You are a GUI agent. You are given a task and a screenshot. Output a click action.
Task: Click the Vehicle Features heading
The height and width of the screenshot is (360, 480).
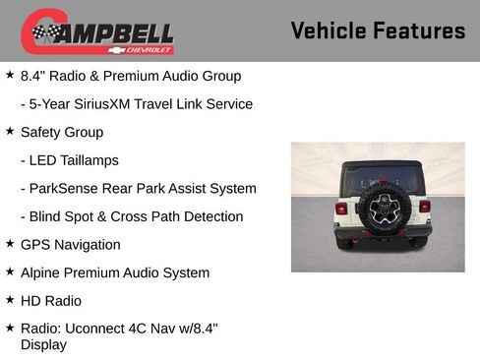[x=378, y=31]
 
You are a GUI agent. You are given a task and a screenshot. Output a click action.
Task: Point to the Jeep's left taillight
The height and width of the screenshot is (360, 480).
[x=341, y=208]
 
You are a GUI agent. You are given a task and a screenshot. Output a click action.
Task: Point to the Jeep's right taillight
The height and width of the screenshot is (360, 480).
[x=425, y=207]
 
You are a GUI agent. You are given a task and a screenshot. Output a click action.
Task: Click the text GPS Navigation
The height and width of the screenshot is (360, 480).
[x=71, y=245]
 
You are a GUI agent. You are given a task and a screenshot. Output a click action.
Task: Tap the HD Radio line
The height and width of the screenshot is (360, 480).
[x=51, y=301]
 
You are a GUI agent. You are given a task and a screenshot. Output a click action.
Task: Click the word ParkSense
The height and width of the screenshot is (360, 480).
[x=63, y=189]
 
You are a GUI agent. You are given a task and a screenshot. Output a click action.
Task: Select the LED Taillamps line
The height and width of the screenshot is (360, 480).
[x=69, y=160]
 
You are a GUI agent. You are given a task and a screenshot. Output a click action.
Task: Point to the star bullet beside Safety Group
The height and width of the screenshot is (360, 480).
[x=10, y=131]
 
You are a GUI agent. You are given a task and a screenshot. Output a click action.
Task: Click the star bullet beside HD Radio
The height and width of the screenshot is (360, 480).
[x=10, y=300]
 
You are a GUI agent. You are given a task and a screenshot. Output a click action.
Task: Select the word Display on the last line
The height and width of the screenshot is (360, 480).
[x=43, y=344]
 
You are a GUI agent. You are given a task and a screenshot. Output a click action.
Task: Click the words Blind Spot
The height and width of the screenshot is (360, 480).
[x=64, y=216]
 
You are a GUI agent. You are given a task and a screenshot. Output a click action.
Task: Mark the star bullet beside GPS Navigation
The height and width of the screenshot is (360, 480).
[x=10, y=244]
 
